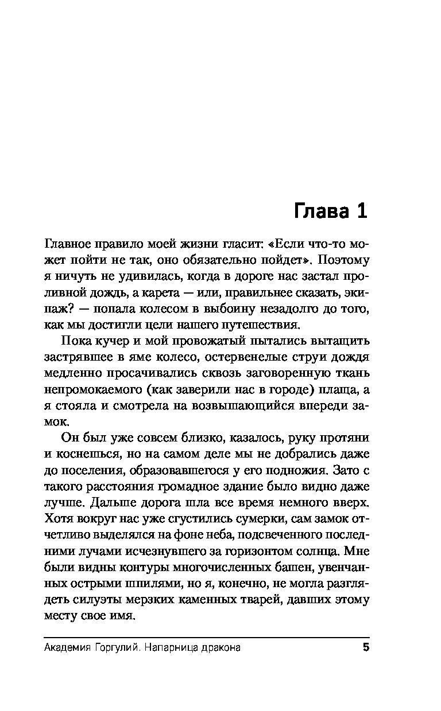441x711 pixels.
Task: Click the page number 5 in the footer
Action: click(x=365, y=648)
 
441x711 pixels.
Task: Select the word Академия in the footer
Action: click(x=68, y=648)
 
